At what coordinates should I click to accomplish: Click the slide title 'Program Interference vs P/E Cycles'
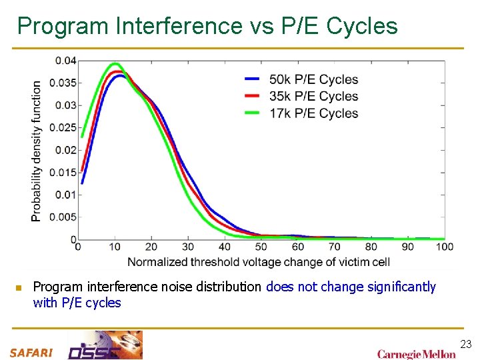pos(207,26)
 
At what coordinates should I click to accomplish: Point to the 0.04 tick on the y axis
pos(65,61)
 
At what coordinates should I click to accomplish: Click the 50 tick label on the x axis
pos(262,247)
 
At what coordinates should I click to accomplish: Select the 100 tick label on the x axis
pos(444,247)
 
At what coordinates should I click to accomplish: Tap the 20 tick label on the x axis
pos(151,247)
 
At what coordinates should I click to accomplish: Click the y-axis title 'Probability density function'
pos(37,150)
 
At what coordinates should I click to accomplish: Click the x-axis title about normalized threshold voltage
pos(259,262)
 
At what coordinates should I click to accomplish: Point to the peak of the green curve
pos(114,64)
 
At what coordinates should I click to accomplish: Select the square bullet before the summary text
pos(19,288)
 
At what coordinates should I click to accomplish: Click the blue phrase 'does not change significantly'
pos(351,287)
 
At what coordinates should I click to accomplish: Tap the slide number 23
pos(466,344)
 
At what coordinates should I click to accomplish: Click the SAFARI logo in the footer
pos(31,353)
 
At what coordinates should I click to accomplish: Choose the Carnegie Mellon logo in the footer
pos(416,353)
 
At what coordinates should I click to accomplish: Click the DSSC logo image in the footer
pos(105,345)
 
